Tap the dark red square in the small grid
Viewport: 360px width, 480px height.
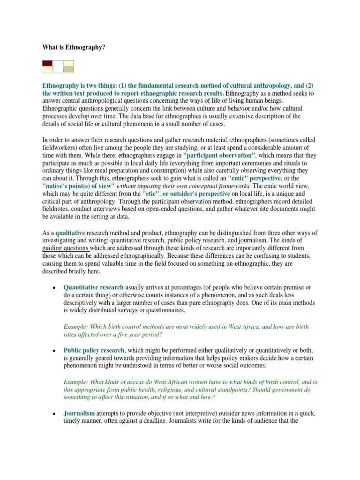[47, 63]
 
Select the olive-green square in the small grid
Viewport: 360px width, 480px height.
[68, 69]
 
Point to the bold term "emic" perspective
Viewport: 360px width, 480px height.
[255, 179]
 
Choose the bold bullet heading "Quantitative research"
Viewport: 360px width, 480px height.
[93, 287]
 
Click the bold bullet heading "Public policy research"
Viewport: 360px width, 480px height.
[94, 350]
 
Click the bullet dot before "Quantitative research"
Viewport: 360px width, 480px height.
[54, 287]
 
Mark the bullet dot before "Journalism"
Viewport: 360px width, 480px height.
[54, 414]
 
